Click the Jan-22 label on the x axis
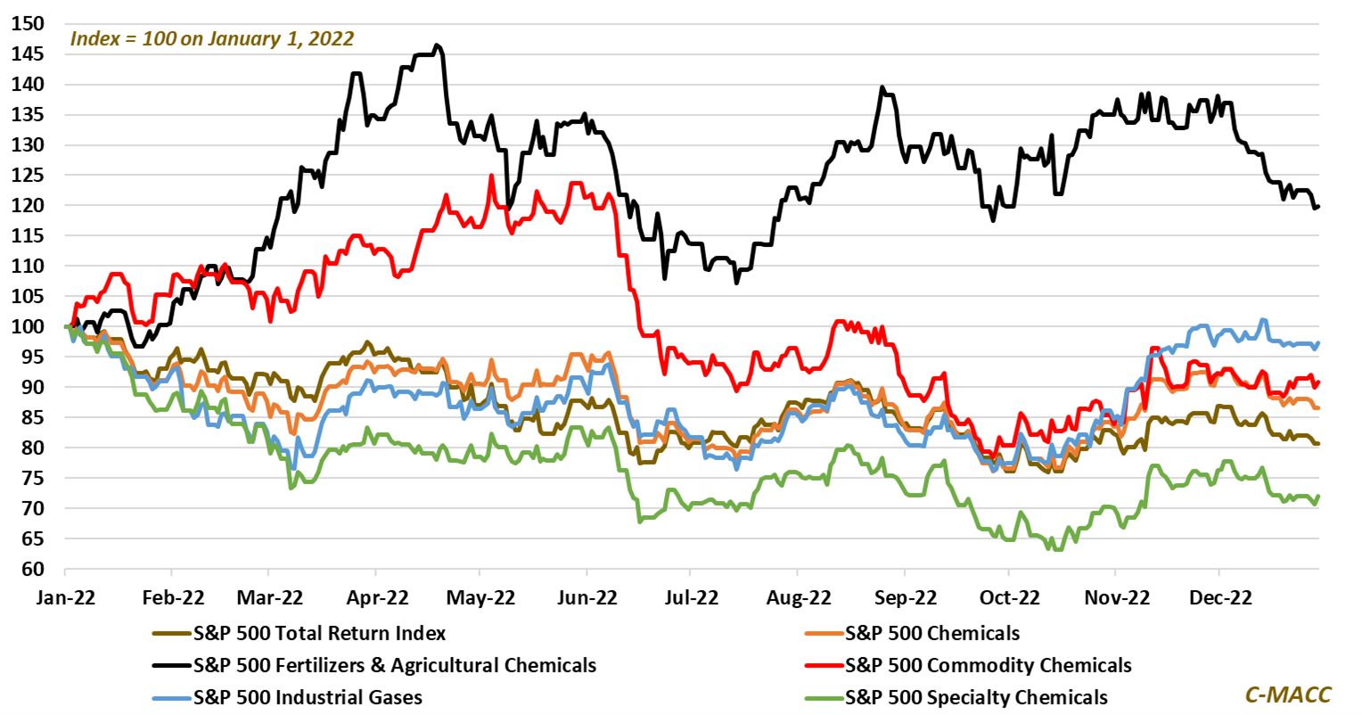tap(64, 596)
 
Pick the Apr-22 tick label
tap(377, 596)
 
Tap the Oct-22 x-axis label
tap(1009, 596)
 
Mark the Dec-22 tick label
tap(1220, 596)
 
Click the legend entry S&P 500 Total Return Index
tap(319, 634)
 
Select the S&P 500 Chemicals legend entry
tap(931, 634)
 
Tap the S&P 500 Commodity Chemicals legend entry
tap(988, 665)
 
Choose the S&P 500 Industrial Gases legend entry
tap(308, 697)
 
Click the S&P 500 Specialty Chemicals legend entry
tap(976, 697)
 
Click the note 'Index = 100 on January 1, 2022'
tap(212, 39)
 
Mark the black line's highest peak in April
tap(436, 45)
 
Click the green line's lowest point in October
tap(1058, 549)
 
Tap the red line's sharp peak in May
tap(490, 176)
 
